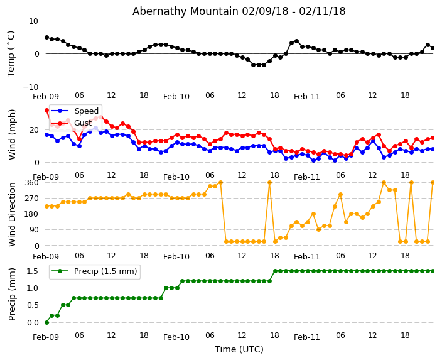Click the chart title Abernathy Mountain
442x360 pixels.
point(239,11)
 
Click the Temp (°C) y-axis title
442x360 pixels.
point(11,53)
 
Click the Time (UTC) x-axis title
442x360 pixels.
point(239,349)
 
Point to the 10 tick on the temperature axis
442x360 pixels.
point(33,21)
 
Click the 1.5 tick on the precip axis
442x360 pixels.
point(31,271)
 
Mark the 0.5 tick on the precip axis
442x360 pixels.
point(31,305)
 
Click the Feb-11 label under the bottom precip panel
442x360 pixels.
point(307,337)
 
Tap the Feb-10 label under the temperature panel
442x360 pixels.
point(176,97)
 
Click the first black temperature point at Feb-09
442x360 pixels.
point(46,37)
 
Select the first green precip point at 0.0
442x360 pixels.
point(46,322)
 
